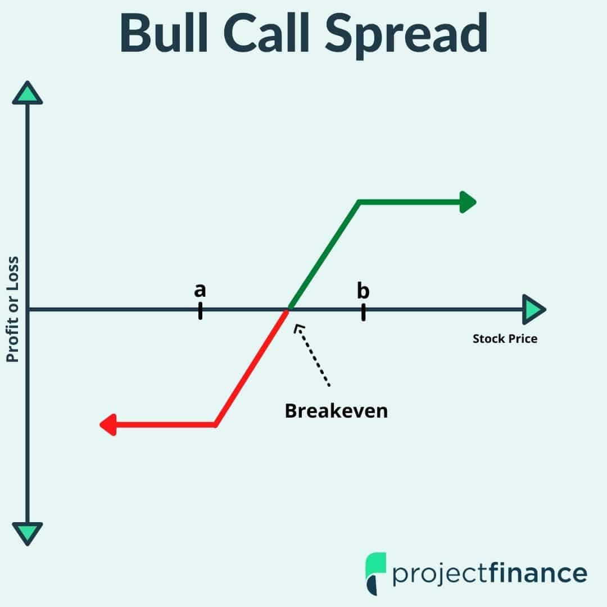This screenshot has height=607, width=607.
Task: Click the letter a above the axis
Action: (200, 291)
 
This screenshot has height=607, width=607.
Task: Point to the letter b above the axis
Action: (363, 291)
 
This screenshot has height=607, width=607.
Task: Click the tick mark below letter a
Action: (200, 311)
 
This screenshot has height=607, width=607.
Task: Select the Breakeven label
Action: (336, 411)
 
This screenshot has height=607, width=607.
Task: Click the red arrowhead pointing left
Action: (108, 425)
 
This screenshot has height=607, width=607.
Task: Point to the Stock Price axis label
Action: (505, 339)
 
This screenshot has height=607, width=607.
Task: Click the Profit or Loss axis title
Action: (12, 309)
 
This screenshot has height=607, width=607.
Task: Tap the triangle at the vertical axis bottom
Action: (28, 532)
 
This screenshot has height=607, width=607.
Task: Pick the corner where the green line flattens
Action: (360, 202)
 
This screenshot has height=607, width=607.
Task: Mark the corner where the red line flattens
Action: (215, 425)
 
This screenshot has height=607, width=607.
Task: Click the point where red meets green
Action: (288, 309)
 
